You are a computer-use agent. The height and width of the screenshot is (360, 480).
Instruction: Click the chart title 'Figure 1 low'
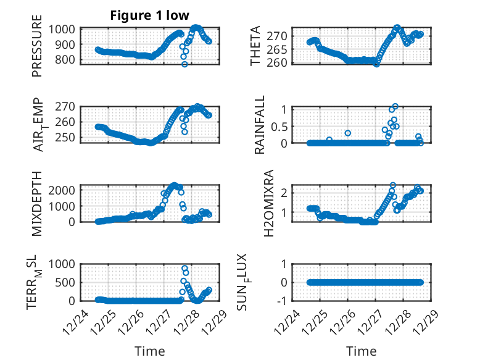[x=149, y=15]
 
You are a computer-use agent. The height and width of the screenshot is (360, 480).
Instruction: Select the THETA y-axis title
[x=255, y=46]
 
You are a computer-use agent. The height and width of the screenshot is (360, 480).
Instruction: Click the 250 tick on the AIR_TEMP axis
[x=67, y=136]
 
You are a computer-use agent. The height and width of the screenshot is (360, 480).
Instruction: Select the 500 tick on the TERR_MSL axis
[x=67, y=282]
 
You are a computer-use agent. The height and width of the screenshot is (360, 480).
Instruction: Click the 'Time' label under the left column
[x=150, y=351]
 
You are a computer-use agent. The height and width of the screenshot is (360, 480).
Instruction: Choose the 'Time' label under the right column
[x=362, y=351]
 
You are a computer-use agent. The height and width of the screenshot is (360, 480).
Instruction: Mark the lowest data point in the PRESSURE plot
[x=184, y=64]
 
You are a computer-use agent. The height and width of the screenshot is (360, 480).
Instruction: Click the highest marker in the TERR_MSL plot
[x=184, y=268]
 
